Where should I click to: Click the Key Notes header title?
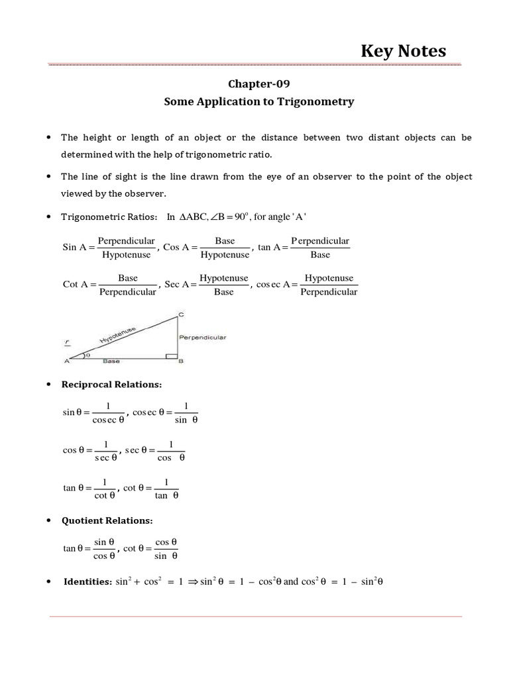click(403, 51)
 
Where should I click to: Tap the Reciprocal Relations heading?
click(111, 384)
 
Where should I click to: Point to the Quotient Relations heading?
click(107, 520)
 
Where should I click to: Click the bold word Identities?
click(87, 582)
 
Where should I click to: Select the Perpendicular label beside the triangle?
click(203, 338)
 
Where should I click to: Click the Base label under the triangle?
click(112, 362)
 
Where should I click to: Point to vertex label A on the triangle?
click(66, 362)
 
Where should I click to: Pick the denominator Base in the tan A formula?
click(320, 254)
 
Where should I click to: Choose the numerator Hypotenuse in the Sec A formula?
click(224, 278)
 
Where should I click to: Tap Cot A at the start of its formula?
click(76, 284)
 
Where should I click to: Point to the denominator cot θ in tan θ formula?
click(105, 495)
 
